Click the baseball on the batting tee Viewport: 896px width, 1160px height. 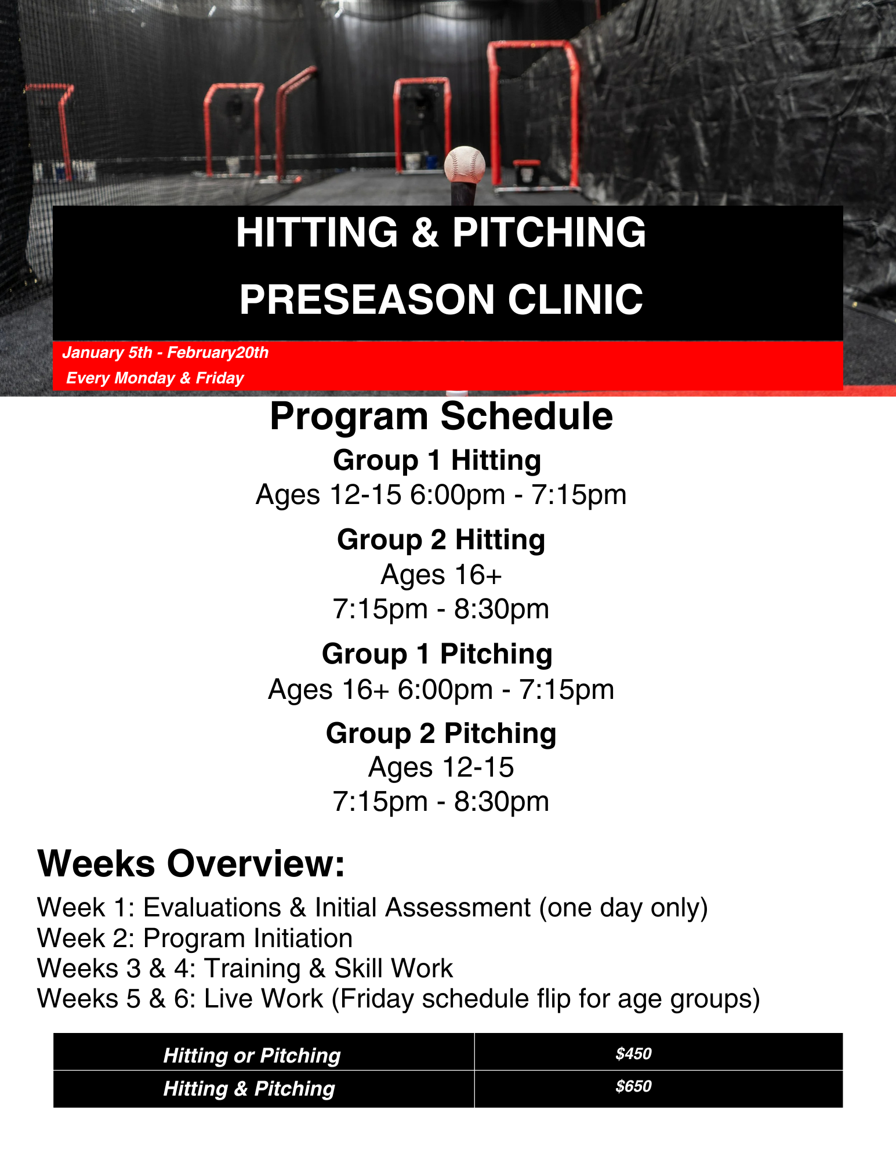click(x=465, y=165)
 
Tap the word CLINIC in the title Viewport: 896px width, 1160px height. click(x=575, y=300)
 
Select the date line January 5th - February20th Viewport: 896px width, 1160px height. click(x=165, y=353)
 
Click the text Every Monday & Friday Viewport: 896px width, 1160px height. click(x=155, y=378)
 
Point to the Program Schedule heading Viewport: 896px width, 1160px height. click(x=441, y=416)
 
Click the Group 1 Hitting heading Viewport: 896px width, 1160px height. click(x=437, y=461)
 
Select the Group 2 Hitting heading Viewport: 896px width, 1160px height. click(x=441, y=540)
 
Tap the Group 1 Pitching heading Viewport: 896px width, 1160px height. click(x=437, y=654)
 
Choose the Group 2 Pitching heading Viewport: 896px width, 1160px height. click(x=441, y=734)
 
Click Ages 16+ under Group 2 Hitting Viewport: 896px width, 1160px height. click(x=441, y=575)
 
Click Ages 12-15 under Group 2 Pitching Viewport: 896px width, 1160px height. click(x=441, y=768)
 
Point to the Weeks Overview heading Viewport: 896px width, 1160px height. click(x=191, y=864)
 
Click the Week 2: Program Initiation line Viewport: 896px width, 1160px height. click(x=195, y=938)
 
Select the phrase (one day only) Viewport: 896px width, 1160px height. click(x=623, y=908)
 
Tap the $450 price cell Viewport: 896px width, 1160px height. click(x=633, y=1054)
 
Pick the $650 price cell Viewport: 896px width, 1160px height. click(x=633, y=1086)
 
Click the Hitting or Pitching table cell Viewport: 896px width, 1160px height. click(x=252, y=1056)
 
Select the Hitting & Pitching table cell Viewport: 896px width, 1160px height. click(x=249, y=1089)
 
